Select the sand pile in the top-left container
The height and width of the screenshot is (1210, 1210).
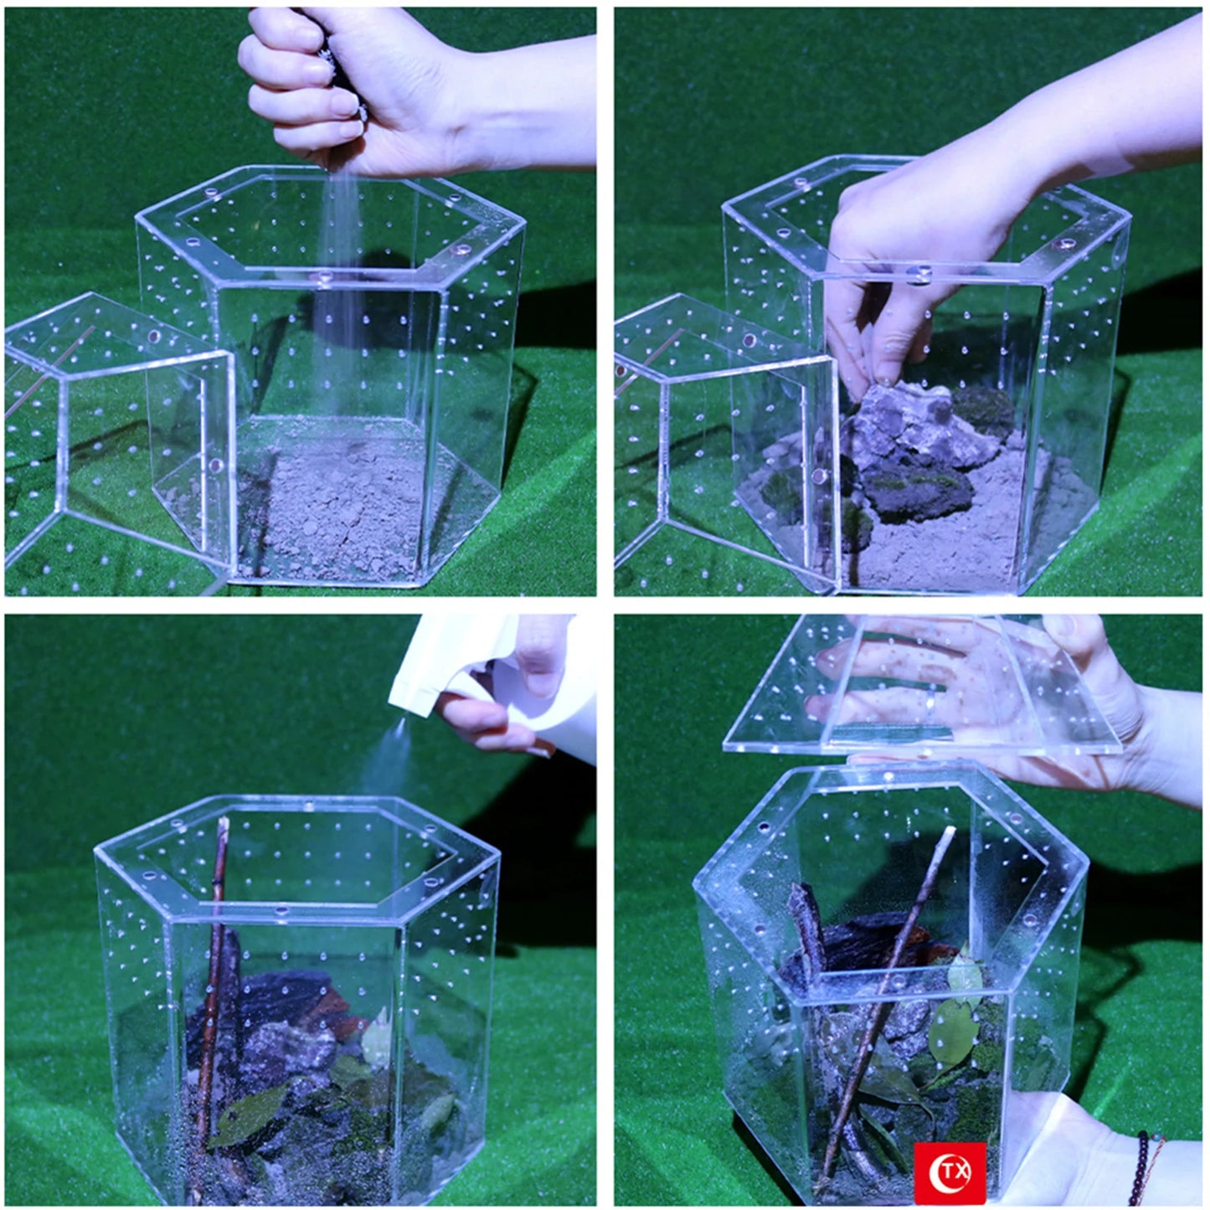(x=335, y=511)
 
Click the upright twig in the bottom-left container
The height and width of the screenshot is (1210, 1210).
(x=216, y=963)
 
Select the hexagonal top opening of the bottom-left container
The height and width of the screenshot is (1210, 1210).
(x=297, y=854)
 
